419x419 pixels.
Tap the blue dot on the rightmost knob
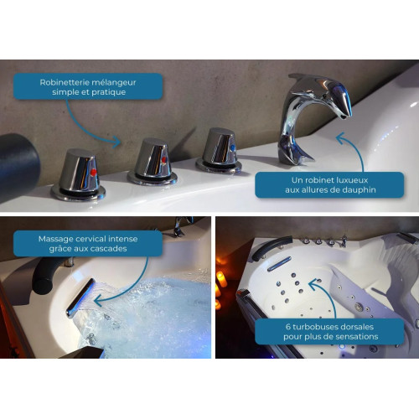233,148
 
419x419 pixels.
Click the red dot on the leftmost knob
94,172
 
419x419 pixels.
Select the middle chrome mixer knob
153,162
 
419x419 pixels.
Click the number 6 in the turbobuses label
288,327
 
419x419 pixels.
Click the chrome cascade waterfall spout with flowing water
80,297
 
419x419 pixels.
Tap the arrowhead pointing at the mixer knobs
116,142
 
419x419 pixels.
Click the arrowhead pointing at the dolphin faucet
340,137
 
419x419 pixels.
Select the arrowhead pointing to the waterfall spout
98,301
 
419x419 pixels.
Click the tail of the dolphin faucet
295,153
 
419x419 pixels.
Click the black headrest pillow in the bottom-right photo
271,246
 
